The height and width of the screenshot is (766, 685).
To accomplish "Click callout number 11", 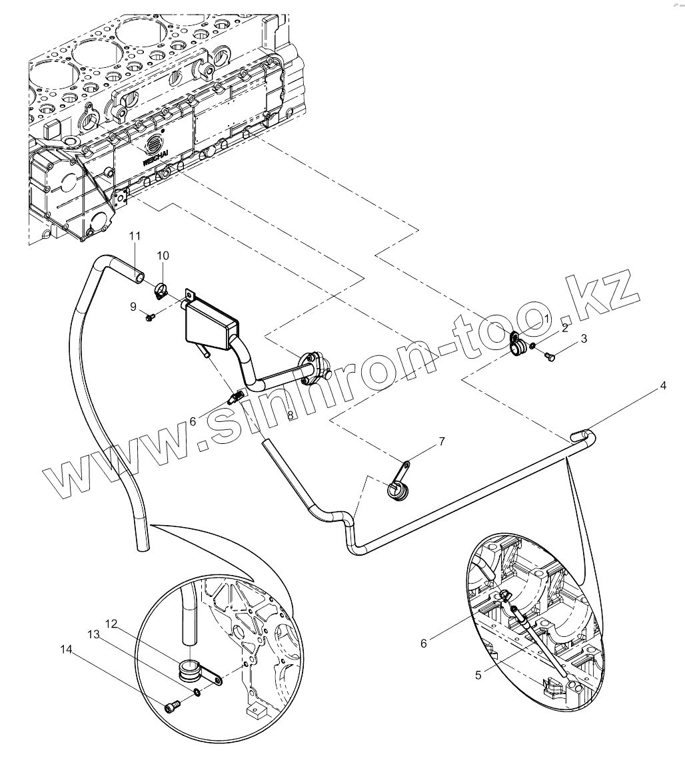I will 135,236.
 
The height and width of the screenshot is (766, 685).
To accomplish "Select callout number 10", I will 163,256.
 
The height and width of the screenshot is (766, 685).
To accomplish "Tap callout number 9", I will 133,306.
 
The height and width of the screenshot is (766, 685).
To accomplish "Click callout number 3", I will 584,339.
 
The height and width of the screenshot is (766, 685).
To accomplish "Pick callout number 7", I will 441,441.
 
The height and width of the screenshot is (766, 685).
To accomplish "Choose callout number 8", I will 290,415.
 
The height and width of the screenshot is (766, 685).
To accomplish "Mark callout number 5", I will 478,674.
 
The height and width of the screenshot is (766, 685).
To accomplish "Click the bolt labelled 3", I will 550,357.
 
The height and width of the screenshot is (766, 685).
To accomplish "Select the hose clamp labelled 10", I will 161,290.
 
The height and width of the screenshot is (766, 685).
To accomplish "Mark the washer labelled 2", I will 534,345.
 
